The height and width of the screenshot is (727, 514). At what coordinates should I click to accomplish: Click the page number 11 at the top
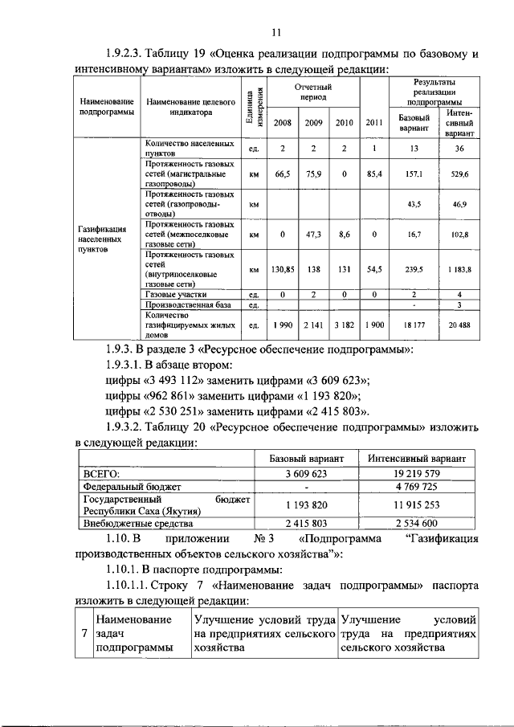coord(275,32)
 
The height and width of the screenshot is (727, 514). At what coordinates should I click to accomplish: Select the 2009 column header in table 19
coord(312,122)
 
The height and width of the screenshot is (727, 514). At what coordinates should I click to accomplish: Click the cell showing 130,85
coord(283,269)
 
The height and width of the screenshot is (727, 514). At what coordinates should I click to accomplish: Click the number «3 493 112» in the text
coord(182,381)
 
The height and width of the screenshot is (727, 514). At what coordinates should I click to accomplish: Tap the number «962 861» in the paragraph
coord(177,396)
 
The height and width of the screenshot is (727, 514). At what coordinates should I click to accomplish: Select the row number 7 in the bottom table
coord(84,634)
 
